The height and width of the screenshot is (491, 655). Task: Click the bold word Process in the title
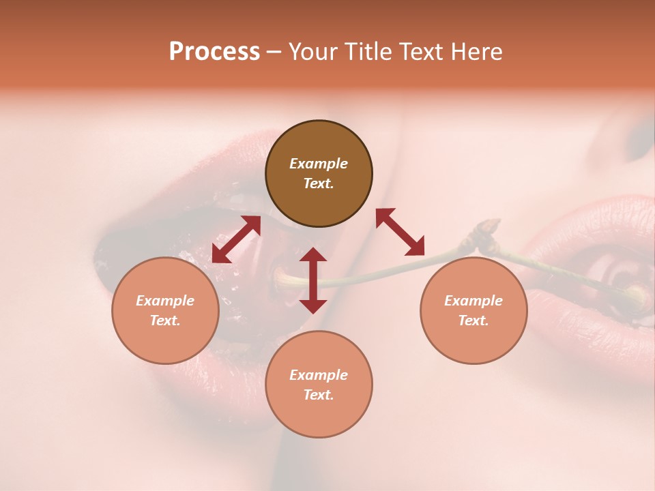click(214, 52)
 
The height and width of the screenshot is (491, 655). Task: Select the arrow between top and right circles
click(400, 232)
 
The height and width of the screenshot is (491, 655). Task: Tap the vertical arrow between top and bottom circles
click(313, 280)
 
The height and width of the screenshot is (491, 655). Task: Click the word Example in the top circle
click(319, 164)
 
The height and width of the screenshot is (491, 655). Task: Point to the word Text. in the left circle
click(165, 321)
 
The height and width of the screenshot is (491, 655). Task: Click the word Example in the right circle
click(474, 301)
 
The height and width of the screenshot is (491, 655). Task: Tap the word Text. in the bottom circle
click(319, 395)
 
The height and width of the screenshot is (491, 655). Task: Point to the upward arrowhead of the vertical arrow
click(313, 255)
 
